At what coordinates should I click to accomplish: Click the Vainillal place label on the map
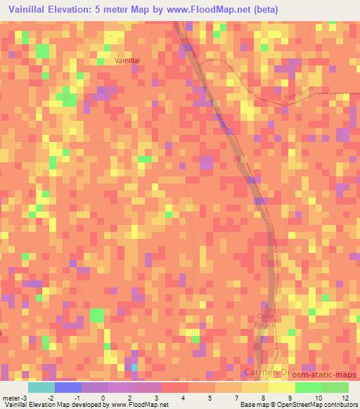point(127,61)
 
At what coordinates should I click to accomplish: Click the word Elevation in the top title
point(70,10)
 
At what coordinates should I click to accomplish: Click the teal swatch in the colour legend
point(41,387)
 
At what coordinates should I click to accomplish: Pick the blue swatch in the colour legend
point(67,387)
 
